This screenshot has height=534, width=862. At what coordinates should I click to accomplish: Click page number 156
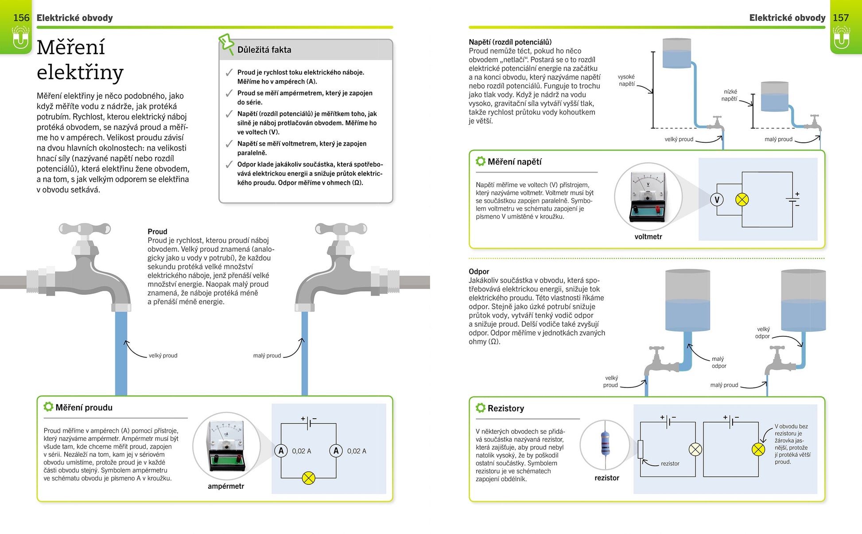pyautogui.click(x=21, y=18)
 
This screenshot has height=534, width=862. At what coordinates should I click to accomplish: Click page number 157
pyautogui.click(x=840, y=18)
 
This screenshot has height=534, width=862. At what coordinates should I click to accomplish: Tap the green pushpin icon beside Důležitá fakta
pyautogui.click(x=226, y=43)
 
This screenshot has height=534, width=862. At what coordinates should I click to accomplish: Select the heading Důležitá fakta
pyautogui.click(x=264, y=50)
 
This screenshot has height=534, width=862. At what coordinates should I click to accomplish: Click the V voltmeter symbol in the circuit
pyautogui.click(x=717, y=200)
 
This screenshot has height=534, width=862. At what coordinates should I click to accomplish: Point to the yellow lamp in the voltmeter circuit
pyautogui.click(x=742, y=200)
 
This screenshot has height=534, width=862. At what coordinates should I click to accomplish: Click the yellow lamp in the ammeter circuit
pyautogui.click(x=308, y=478)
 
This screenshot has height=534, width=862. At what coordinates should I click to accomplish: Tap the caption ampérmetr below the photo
pyautogui.click(x=226, y=486)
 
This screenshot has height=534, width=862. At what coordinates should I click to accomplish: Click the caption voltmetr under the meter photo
pyautogui.click(x=648, y=237)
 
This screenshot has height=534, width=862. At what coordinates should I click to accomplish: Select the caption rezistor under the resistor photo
pyautogui.click(x=607, y=478)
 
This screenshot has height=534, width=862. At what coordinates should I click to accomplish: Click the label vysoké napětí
pyautogui.click(x=626, y=80)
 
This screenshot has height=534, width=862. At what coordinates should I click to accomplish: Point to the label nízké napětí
pyautogui.click(x=729, y=95)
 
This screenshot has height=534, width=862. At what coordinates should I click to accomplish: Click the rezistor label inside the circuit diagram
pyautogui.click(x=670, y=464)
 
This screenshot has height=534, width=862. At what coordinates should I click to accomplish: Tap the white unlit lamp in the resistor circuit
pyautogui.click(x=695, y=450)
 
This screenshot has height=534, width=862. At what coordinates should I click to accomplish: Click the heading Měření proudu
pyautogui.click(x=84, y=407)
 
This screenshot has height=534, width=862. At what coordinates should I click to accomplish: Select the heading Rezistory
pyautogui.click(x=505, y=408)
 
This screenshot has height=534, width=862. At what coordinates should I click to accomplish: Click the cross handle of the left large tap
pyautogui.click(x=85, y=229)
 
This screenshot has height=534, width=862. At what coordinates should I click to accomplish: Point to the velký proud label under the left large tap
pyautogui.click(x=163, y=355)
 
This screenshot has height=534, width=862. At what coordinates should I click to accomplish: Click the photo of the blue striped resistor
pyautogui.click(x=605, y=444)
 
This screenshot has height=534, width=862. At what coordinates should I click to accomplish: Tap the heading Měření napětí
pyautogui.click(x=514, y=162)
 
